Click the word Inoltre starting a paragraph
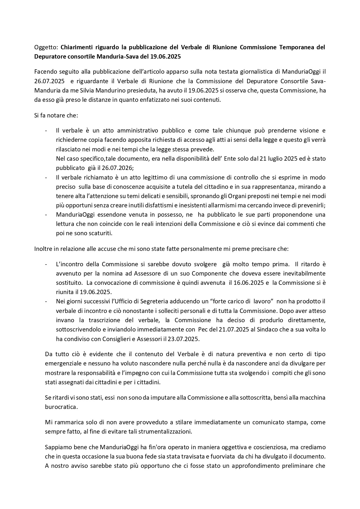[43, 249]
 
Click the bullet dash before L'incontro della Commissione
[46, 264]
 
